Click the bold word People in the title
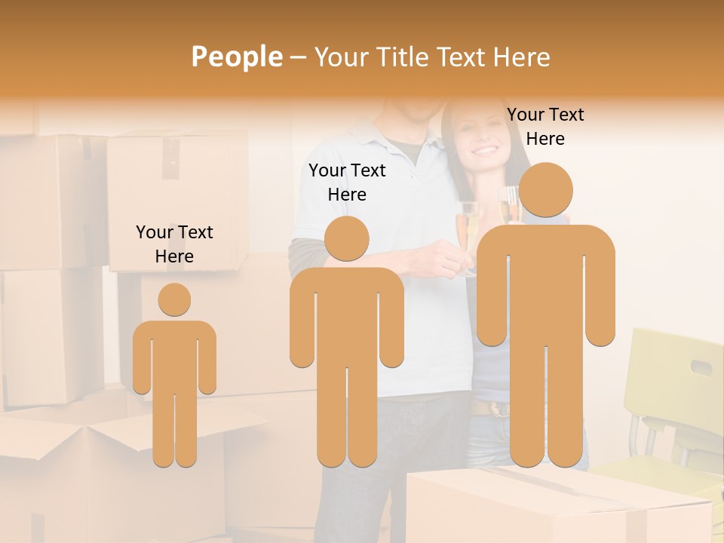tap(236, 57)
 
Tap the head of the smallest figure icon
tap(174, 299)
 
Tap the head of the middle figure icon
tap(346, 238)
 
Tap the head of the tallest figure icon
tap(545, 191)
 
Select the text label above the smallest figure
tap(174, 244)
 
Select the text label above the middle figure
tap(347, 182)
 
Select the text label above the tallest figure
tap(545, 126)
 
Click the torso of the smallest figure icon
tap(174, 354)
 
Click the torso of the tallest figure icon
tap(545, 287)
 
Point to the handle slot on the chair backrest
tap(701, 367)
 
